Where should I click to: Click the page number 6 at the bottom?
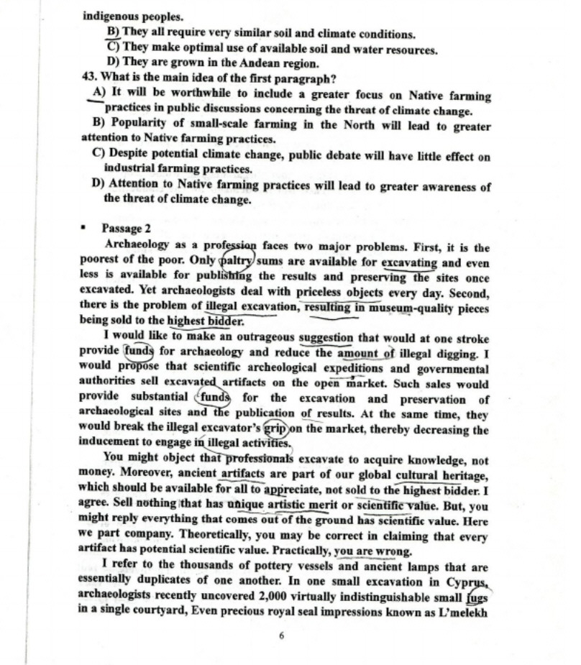pos(282,636)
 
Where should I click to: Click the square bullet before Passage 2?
pos(84,229)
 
